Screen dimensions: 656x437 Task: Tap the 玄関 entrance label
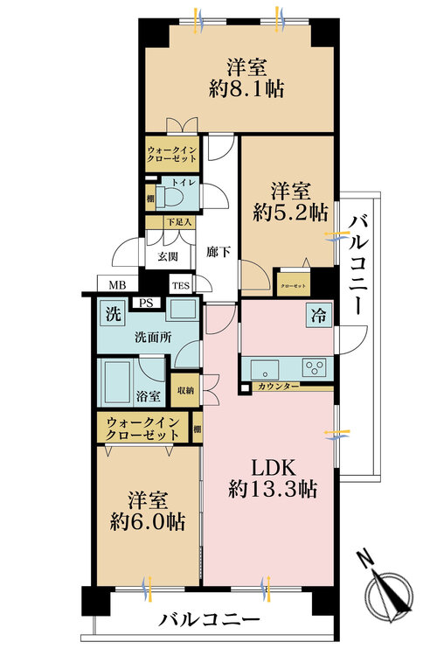point(168,256)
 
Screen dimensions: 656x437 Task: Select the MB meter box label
point(116,285)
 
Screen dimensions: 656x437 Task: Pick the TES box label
point(180,285)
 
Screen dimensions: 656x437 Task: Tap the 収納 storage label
point(186,390)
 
